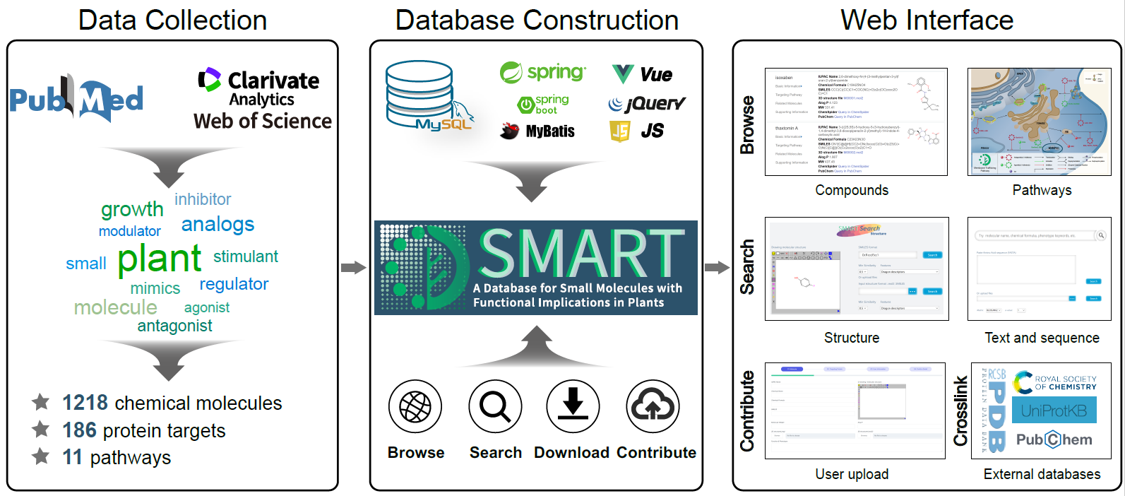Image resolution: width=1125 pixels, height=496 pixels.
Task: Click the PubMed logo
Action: pyautogui.click(x=76, y=100)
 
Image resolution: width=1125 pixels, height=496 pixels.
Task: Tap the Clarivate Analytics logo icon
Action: pyautogui.click(x=209, y=79)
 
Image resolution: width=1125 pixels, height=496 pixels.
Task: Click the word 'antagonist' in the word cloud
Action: pyautogui.click(x=174, y=326)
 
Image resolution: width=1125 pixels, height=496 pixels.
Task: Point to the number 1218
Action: pyautogui.click(x=85, y=403)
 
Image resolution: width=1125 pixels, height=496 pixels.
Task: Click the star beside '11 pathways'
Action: pyautogui.click(x=41, y=456)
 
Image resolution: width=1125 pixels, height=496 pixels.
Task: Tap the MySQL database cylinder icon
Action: pyautogui.click(x=419, y=93)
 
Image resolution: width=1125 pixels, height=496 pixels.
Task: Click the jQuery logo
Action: pyautogui.click(x=646, y=104)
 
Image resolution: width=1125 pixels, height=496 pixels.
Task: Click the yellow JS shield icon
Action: pyautogui.click(x=619, y=131)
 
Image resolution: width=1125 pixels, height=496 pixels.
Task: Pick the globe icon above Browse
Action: pyautogui.click(x=415, y=407)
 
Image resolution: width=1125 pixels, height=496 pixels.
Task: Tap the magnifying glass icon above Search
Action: pyautogui.click(x=495, y=407)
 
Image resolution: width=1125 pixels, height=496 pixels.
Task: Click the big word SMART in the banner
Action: pyautogui.click(x=581, y=253)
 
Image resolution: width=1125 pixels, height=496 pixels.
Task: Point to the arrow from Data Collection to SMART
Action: pyautogui.click(x=353, y=267)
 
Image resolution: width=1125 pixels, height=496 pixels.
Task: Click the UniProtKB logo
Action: pyautogui.click(x=1054, y=411)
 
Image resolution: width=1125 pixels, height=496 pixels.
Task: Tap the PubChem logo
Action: pyautogui.click(x=1054, y=439)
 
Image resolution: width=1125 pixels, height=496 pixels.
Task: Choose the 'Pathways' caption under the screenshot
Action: pyautogui.click(x=1042, y=190)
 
